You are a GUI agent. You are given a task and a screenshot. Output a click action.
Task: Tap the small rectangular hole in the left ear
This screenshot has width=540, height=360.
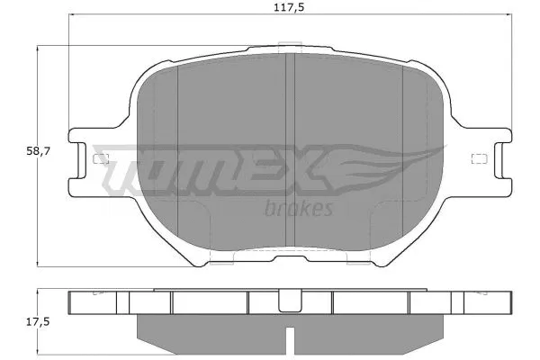pos(100,160)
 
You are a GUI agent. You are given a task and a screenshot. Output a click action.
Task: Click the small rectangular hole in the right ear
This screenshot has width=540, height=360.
pos(477,160)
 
